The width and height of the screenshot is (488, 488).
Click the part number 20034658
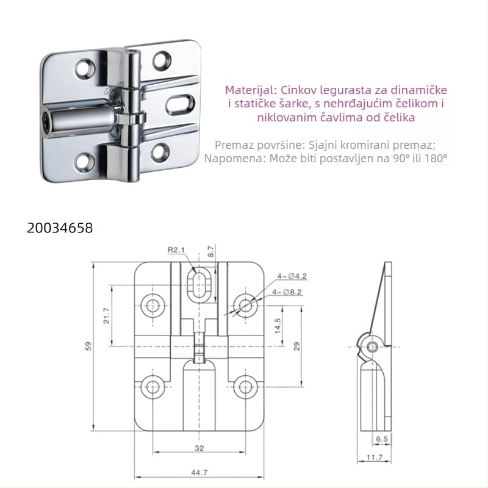(60, 228)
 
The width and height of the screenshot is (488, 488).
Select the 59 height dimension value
(89, 346)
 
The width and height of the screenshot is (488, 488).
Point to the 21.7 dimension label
(107, 317)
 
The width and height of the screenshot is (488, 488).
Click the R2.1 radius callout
(177, 249)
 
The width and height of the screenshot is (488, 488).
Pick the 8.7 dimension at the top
(211, 252)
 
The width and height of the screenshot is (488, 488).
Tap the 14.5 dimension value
(278, 325)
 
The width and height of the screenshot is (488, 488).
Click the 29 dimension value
(298, 346)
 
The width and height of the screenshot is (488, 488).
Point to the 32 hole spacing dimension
(199, 448)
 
